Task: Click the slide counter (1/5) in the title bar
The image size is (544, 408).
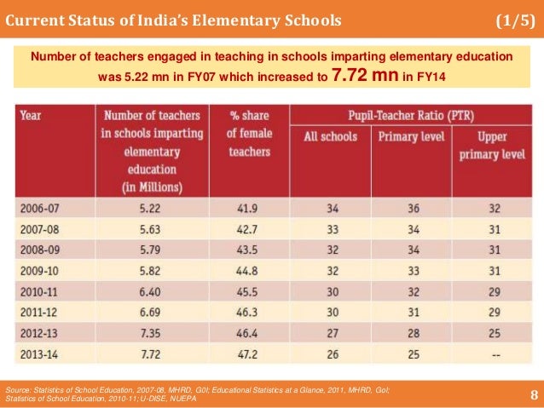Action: coord(514,20)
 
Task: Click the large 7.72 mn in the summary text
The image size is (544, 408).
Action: coord(364,78)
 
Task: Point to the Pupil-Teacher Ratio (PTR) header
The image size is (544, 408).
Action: coord(415,113)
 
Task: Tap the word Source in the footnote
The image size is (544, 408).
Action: coord(21,388)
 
